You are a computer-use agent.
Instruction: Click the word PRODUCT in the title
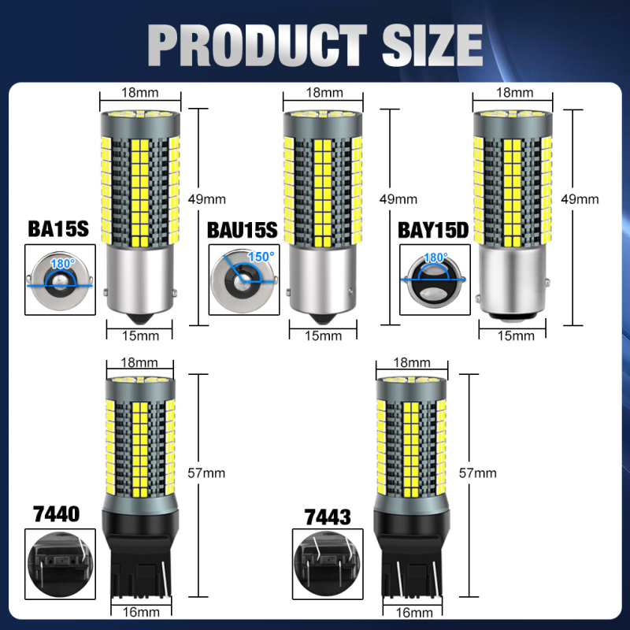(258, 45)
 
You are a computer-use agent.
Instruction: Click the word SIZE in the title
(432, 45)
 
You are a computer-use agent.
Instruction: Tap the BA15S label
(58, 229)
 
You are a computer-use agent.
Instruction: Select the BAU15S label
(243, 230)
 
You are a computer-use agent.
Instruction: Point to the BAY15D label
(433, 230)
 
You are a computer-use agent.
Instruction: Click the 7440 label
(57, 514)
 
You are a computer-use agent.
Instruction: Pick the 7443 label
(328, 517)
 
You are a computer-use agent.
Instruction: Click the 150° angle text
(261, 257)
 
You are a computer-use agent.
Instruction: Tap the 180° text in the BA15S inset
(63, 264)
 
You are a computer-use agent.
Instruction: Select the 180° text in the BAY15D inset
(436, 258)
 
